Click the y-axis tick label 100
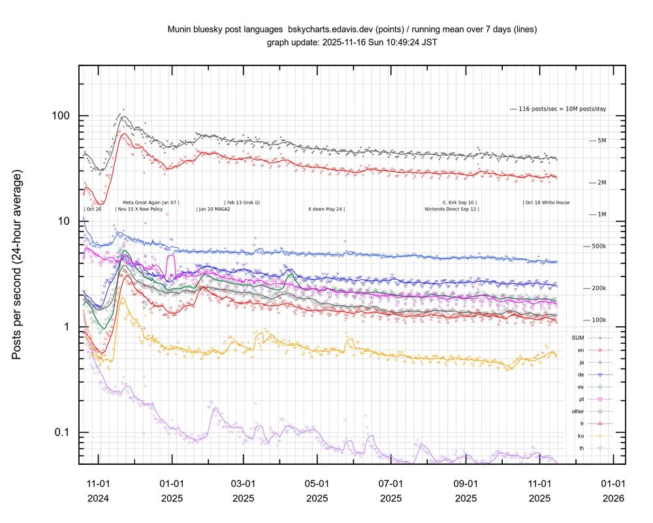pyautogui.click(x=61, y=116)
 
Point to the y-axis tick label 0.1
pyautogui.click(x=61, y=433)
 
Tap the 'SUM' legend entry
pyautogui.click(x=577, y=337)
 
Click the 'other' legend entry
pyautogui.click(x=577, y=411)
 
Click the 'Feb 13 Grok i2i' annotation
pyautogui.click(x=243, y=203)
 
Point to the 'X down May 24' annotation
pyautogui.click(x=326, y=209)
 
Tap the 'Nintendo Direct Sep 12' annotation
pyautogui.click(x=451, y=209)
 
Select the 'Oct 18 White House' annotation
pyautogui.click(x=547, y=203)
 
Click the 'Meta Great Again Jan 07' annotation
pyautogui.click(x=151, y=203)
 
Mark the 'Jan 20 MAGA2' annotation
pyautogui.click(x=214, y=209)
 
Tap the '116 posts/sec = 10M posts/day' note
pyautogui.click(x=557, y=109)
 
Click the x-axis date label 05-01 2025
pyautogui.click(x=317, y=491)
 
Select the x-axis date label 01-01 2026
pyautogui.click(x=613, y=491)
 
